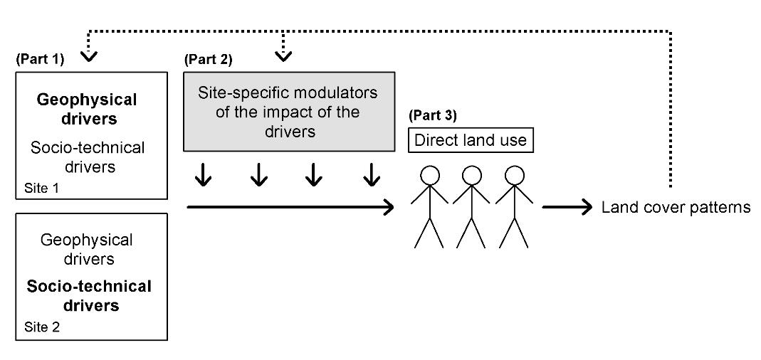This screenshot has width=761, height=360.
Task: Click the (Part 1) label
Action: click(40, 60)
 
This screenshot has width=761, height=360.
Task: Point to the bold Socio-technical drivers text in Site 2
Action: click(89, 295)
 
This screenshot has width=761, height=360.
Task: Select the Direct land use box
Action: click(471, 140)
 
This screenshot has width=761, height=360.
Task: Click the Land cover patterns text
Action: click(676, 208)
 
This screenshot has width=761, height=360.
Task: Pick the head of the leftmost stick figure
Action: click(429, 175)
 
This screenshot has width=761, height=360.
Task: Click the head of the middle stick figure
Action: click(471, 175)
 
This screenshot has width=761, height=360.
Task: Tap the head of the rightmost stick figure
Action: click(513, 175)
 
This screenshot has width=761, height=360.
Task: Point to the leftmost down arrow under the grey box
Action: click(204, 176)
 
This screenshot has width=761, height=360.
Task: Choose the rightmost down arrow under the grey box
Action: click(371, 176)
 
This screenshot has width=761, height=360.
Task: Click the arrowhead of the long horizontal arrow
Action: click(389, 208)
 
